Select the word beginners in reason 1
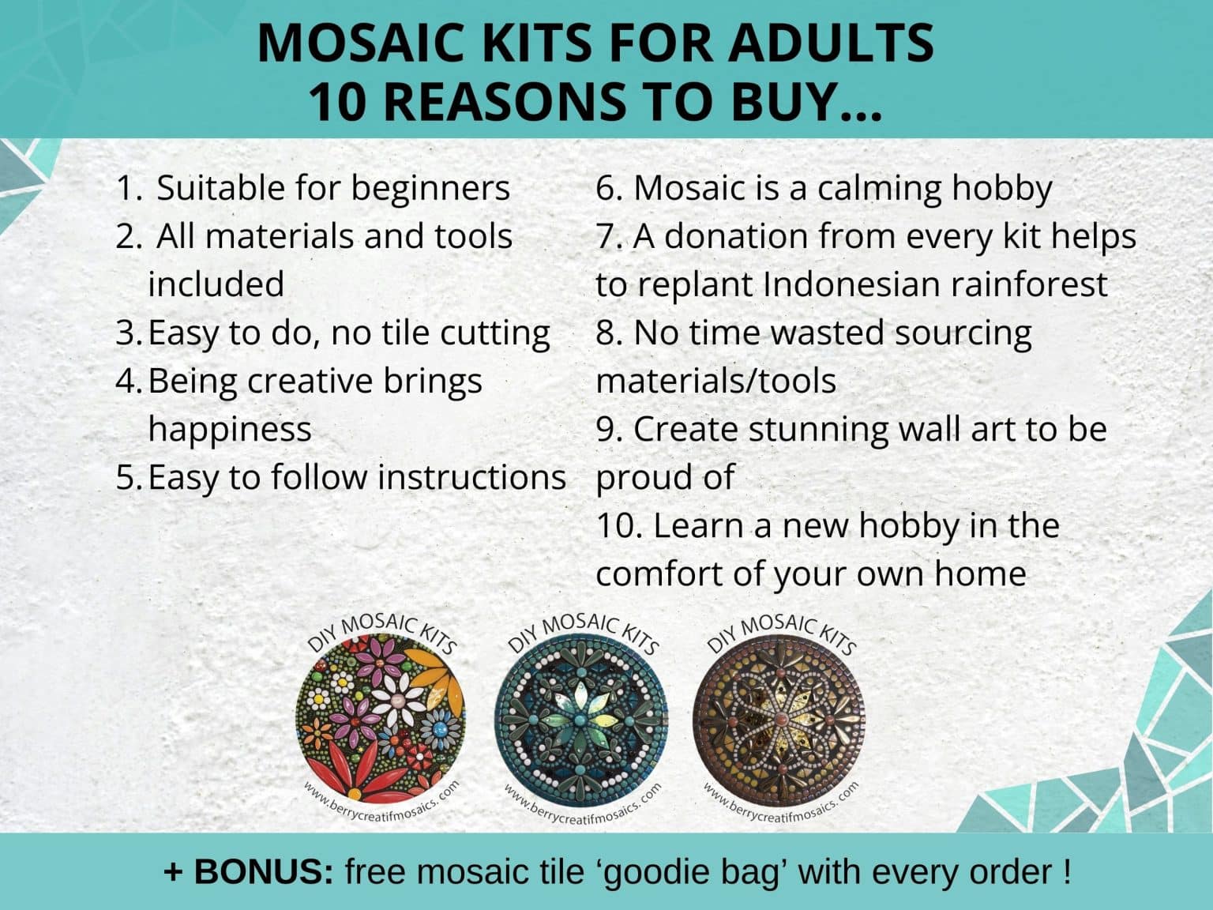coord(430,188)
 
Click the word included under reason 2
coord(216,284)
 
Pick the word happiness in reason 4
coord(230,429)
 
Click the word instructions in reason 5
coord(471,477)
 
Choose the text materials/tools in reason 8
coord(715,381)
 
